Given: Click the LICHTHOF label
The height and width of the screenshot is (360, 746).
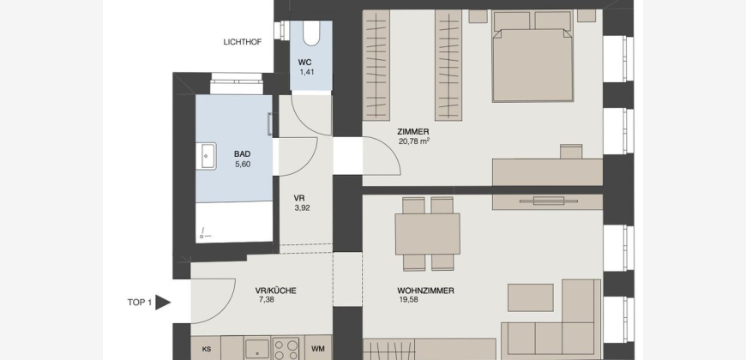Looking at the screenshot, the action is point(242,42).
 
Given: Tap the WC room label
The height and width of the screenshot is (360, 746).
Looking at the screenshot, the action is point(305,63).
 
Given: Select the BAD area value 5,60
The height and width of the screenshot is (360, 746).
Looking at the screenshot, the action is point(242,165).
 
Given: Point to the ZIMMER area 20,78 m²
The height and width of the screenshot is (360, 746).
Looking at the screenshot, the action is point(414,141).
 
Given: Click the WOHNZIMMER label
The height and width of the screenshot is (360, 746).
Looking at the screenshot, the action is point(425,291).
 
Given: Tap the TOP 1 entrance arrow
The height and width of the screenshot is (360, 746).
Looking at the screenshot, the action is point(163,303).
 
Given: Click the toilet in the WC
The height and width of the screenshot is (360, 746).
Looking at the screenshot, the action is point(311,33).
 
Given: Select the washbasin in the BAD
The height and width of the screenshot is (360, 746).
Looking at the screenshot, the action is point(208,155).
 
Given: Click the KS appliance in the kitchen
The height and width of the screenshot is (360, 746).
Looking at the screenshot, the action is point(207,349).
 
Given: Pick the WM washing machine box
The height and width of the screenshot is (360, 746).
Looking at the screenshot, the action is point(318,349).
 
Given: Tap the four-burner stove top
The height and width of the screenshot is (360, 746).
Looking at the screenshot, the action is point(286,349).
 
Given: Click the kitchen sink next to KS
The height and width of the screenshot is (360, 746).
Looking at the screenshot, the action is point(257,349).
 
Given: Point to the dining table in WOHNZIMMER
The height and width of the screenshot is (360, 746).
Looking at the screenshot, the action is point(427,234).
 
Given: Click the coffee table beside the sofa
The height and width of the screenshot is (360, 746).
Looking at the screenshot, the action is point(531,297).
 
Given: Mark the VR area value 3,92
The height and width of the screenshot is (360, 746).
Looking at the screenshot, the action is point(302,207).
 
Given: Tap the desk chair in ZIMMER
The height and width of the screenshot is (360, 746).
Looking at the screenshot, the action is point(571,151).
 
